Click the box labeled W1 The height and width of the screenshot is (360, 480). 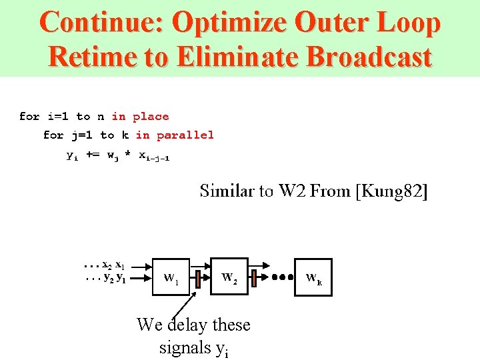pos(172,276)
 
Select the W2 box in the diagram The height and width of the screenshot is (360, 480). pos(229,276)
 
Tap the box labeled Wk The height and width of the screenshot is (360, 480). pos(313,276)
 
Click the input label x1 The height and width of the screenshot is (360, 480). pos(121,265)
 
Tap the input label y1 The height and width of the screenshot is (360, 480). pos(121,278)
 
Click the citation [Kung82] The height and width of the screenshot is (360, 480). pos(391,192)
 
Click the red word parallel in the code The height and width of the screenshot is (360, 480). pos(185,135)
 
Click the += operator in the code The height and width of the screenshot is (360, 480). pos(93,155)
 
